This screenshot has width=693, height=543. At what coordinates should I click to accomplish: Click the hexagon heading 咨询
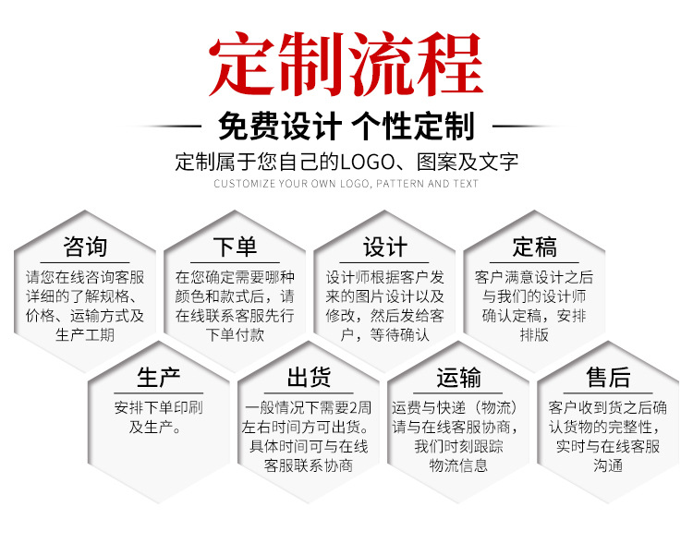[85, 247]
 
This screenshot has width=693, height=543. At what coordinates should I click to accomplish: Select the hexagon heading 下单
[235, 247]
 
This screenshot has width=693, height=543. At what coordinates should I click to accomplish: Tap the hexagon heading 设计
[384, 247]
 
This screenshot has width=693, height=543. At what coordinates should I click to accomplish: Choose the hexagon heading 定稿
[534, 247]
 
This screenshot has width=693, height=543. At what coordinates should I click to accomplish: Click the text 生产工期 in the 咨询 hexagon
[85, 334]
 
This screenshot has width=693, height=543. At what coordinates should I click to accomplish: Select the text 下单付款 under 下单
[235, 334]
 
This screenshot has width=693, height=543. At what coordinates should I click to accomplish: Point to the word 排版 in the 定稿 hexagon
[534, 334]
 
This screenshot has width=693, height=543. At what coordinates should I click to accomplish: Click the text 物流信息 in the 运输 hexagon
[458, 465]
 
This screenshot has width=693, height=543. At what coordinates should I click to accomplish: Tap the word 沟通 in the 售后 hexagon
[608, 465]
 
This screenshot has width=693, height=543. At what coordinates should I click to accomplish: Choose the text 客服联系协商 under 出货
[309, 465]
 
